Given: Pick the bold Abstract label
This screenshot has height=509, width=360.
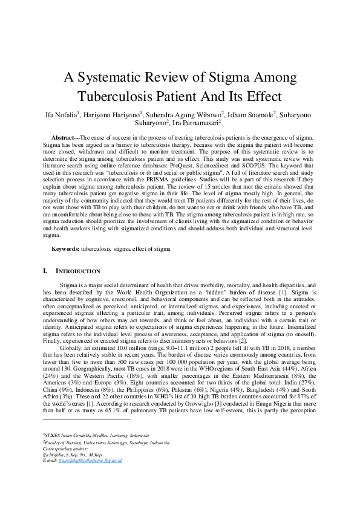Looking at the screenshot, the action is pos(65,138).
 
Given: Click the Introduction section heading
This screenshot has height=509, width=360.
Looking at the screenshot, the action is pos(78,271).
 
